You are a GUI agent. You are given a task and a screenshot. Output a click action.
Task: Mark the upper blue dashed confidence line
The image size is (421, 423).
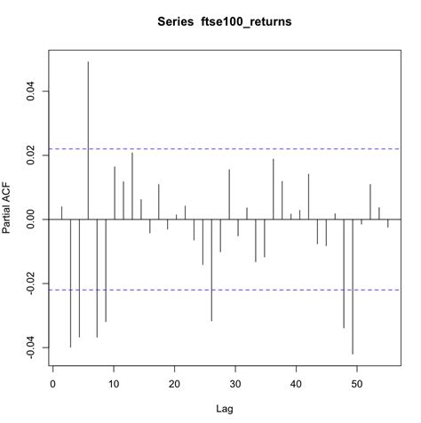[266, 148]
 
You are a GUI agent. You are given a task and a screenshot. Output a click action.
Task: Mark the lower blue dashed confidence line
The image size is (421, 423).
[266, 290]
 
